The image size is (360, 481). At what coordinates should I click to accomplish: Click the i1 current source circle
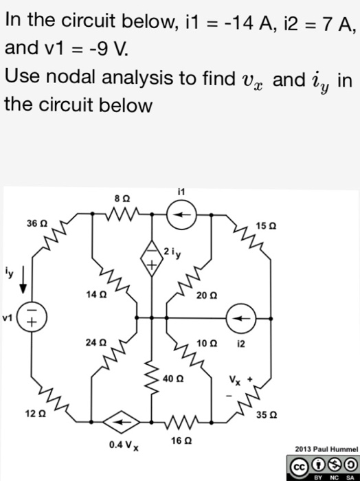pyautogui.click(x=181, y=214)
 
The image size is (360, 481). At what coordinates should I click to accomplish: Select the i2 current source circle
pyautogui.click(x=241, y=318)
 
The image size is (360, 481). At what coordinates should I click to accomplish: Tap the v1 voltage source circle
pyautogui.click(x=32, y=316)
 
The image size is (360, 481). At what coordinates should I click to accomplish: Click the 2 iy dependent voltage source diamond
pyautogui.click(x=151, y=258)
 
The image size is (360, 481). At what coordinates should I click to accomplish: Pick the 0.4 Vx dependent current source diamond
pyautogui.click(x=121, y=422)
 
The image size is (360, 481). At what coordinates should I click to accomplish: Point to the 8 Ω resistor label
pyautogui.click(x=122, y=199)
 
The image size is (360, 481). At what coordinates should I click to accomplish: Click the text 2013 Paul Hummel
pyautogui.click(x=326, y=449)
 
